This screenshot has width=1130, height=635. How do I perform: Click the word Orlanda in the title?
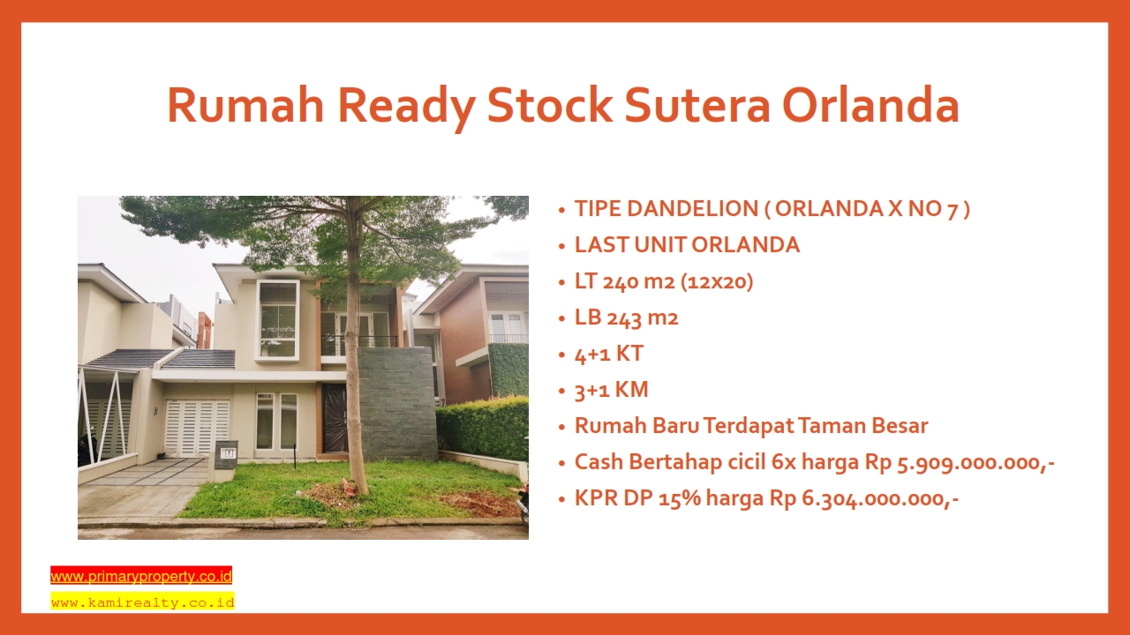870,105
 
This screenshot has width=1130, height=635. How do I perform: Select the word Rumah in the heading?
245,105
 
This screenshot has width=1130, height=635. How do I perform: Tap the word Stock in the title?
549,105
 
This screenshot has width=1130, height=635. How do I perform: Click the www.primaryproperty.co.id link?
141,576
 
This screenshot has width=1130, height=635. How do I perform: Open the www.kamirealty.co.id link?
143,602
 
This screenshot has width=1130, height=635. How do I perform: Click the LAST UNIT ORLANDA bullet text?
687,245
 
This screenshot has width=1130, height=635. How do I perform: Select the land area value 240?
623,281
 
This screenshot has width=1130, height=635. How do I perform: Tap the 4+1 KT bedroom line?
609,354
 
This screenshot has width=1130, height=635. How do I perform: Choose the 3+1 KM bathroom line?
612,390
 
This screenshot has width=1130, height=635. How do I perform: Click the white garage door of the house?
197,428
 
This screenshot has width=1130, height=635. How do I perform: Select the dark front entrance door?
335,417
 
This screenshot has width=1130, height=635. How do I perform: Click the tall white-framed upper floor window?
277,321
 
